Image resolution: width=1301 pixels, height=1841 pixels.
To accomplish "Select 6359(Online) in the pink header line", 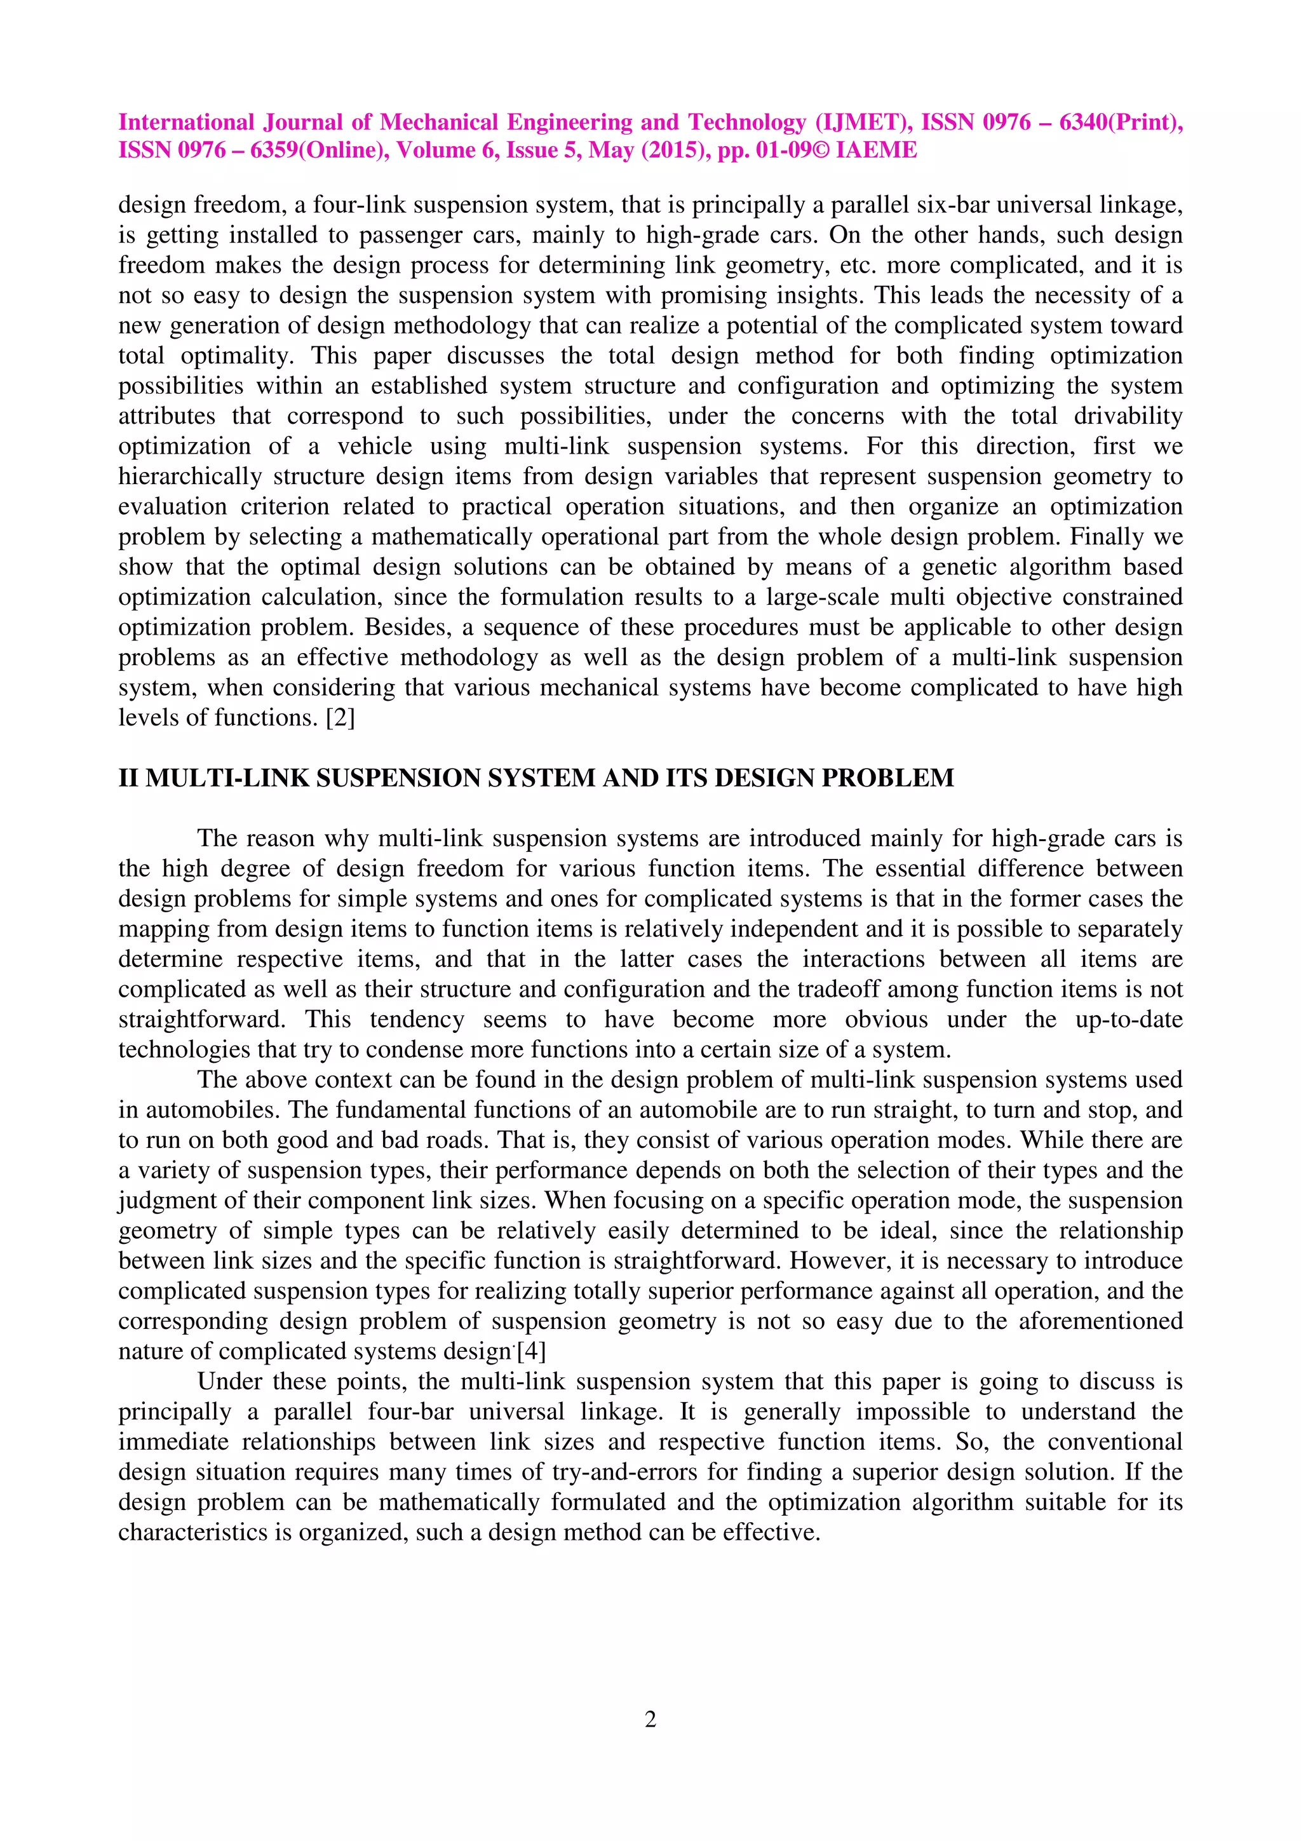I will click(320, 150).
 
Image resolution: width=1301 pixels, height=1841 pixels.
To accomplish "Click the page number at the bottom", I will click(650, 1718).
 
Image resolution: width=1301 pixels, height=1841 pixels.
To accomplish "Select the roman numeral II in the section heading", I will click(128, 778).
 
